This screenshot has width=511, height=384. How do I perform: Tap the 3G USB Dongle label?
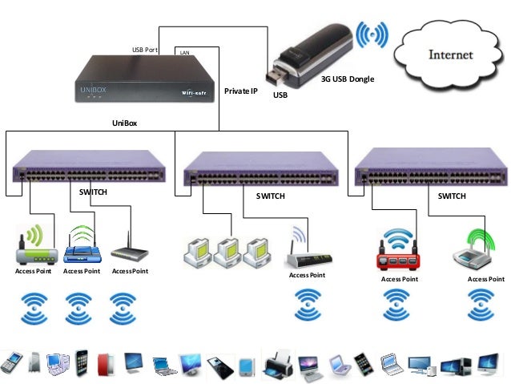click(348, 79)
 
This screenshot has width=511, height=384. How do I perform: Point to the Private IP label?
click(241, 91)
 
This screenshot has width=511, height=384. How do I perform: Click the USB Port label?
click(145, 51)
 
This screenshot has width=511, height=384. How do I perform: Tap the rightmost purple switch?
click(430, 170)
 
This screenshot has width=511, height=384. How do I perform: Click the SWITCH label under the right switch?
click(452, 196)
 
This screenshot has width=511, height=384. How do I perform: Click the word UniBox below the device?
click(124, 123)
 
